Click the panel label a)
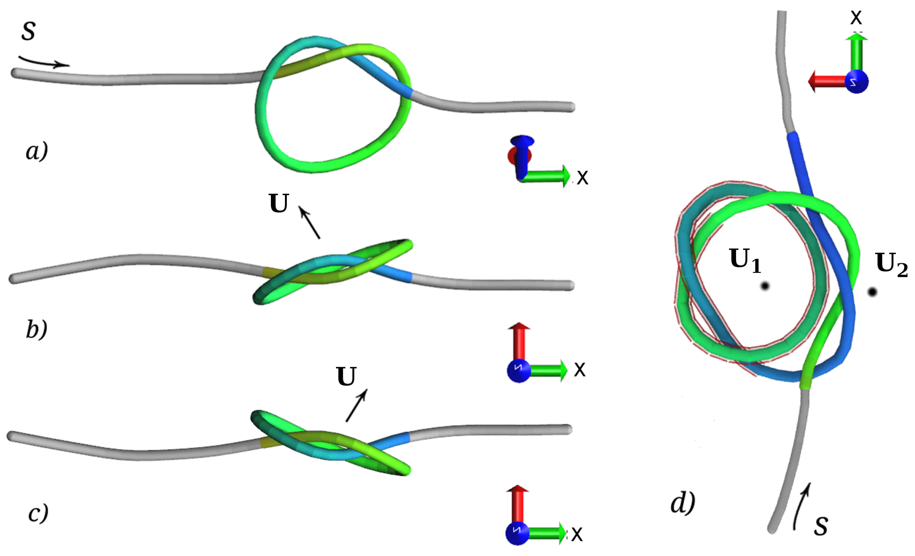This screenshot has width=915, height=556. pos(37,151)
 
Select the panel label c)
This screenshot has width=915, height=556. pos(38,513)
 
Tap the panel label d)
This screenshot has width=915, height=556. pos(683,504)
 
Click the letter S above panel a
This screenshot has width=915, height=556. pos(28,31)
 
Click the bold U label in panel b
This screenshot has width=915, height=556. pos(278,204)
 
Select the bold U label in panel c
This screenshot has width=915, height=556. pos(346,377)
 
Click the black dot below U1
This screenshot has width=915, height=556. pos(765,286)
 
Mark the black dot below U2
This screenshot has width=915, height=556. pos(872,292)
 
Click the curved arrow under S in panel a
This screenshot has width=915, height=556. pos(44,62)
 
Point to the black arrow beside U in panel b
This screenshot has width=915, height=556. pos(309,223)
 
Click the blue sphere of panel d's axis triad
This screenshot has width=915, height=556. pos(856,81)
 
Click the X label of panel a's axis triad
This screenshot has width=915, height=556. pos(582,177)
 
